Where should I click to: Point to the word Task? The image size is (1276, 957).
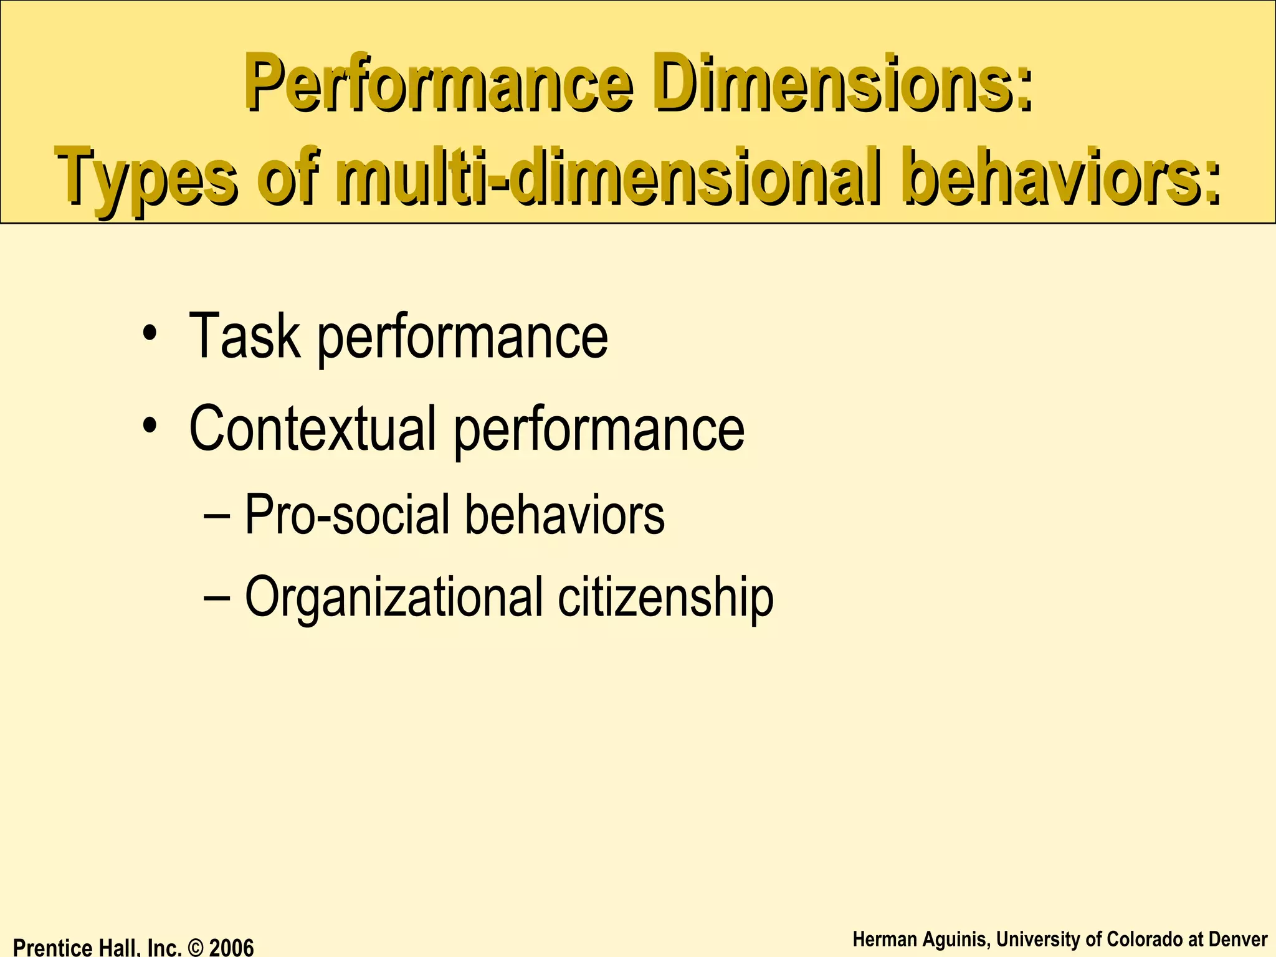click(244, 336)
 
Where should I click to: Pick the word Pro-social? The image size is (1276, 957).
click(346, 515)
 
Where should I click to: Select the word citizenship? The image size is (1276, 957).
click(665, 597)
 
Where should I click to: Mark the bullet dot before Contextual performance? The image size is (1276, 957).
click(150, 426)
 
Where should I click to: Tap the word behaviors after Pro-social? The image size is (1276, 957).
click(565, 515)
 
